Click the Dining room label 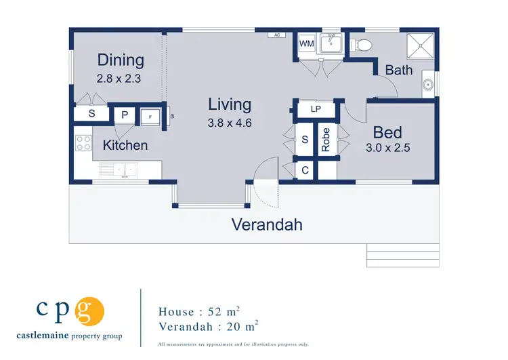121,60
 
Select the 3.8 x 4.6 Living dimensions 230,123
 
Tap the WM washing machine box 307,44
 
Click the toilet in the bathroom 361,45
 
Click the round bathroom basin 428,85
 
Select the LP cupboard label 315,109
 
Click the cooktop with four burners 83,143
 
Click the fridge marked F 150,115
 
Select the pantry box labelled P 125,115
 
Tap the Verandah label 267,224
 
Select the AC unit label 276,34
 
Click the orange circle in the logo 89,312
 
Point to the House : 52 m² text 198,312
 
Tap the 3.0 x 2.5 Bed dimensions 387,146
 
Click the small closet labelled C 305,170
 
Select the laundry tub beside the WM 330,45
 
